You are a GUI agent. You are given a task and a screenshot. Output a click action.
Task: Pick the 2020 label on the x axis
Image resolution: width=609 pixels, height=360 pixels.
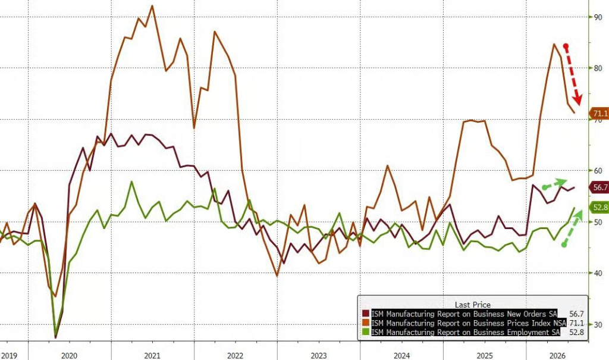69,355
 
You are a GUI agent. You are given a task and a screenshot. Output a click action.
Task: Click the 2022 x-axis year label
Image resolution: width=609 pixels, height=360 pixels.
235,355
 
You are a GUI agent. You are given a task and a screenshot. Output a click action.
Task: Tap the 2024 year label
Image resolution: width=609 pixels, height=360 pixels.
401,355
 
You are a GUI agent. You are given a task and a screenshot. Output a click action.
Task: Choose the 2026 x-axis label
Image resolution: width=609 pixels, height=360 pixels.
557,355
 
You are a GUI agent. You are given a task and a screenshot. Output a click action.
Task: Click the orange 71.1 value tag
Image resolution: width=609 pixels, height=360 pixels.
599,114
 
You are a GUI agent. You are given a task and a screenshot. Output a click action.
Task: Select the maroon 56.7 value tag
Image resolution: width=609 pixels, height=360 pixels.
599,187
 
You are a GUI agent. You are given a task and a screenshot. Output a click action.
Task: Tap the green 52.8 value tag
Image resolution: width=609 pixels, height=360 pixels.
599,208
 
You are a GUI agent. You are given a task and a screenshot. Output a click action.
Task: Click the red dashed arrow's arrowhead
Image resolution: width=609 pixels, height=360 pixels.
578,101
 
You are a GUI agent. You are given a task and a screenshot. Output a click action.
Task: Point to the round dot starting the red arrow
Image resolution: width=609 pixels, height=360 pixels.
566,46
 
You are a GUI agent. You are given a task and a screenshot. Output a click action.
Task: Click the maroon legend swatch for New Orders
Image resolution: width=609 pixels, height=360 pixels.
366,314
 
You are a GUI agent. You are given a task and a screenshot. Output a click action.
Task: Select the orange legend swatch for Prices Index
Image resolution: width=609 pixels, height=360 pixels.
366,323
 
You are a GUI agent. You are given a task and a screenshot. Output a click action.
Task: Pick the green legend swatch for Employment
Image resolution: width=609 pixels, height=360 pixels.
366,332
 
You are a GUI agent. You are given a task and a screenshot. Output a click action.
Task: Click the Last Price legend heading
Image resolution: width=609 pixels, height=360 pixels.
473,305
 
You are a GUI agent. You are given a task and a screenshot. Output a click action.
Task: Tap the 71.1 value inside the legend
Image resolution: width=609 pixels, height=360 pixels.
576,323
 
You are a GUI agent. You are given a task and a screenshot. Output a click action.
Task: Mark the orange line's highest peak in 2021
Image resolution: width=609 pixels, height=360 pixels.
152,6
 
